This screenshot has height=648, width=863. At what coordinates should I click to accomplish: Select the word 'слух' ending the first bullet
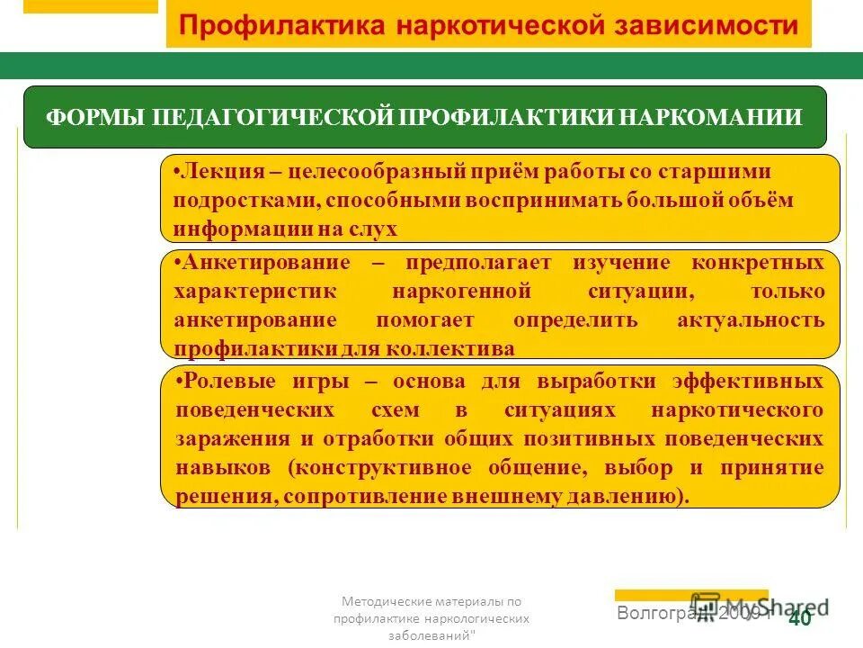[376, 229]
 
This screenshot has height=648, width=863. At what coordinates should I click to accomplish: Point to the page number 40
[799, 619]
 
